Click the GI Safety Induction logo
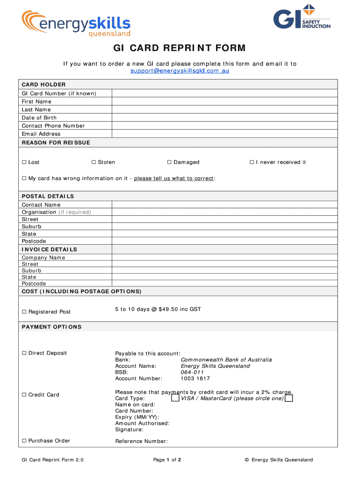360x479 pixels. click(302, 17)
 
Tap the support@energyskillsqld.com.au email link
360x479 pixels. click(180, 71)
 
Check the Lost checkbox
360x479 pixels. click(24, 162)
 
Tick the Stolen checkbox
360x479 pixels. click(94, 162)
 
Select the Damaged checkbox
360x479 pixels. click(170, 162)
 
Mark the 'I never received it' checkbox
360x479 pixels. click(252, 162)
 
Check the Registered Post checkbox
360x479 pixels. click(24, 312)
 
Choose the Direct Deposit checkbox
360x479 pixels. click(24, 353)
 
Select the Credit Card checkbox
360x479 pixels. click(24, 395)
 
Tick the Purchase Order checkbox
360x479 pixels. click(24, 441)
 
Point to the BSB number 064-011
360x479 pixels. click(192, 372)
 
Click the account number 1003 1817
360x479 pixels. click(195, 378)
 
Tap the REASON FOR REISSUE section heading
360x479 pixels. click(56, 143)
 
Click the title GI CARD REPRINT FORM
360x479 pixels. click(180, 48)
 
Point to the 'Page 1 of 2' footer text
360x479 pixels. click(167, 460)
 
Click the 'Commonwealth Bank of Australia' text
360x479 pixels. click(226, 360)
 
